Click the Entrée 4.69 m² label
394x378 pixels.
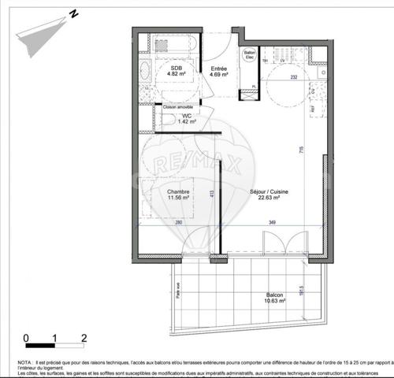coord(220,72)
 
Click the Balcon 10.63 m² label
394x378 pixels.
coord(275,298)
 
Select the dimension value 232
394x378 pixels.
coord(293,76)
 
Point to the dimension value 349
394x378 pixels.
coord(273,223)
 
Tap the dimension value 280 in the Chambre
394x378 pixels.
coord(179,223)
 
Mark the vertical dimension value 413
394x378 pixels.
coord(211,194)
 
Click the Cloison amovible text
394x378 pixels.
coord(178,107)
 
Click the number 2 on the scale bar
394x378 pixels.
coord(84,339)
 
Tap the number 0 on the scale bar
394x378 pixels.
coord(27,339)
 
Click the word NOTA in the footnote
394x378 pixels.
coord(25,361)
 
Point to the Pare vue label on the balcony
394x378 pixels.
coord(178,291)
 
